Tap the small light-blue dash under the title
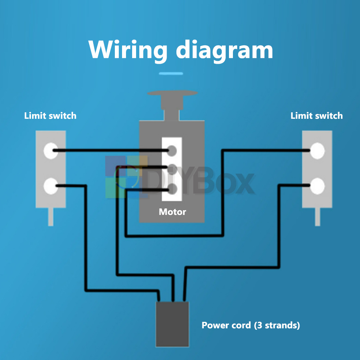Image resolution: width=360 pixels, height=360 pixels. pyautogui.click(x=171, y=73)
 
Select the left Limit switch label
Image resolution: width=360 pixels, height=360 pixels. pyautogui.click(x=50, y=116)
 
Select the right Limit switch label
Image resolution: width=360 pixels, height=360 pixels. pyautogui.click(x=316, y=116)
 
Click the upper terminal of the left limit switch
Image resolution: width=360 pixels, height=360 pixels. pyautogui.click(x=50, y=150)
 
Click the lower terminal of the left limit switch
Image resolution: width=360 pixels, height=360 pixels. pyautogui.click(x=50, y=186)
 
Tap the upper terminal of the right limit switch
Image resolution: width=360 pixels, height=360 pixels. pyautogui.click(x=318, y=150)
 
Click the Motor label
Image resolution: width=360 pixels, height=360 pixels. pyautogui.click(x=172, y=212)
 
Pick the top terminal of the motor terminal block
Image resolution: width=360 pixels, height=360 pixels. pyautogui.click(x=172, y=150)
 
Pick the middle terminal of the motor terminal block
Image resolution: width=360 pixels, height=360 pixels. pyautogui.click(x=172, y=168)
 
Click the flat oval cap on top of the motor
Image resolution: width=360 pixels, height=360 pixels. pyautogui.click(x=172, y=93)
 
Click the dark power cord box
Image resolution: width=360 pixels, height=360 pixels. pyautogui.click(x=172, y=324)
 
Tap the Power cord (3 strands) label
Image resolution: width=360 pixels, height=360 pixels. pyautogui.click(x=251, y=325)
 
